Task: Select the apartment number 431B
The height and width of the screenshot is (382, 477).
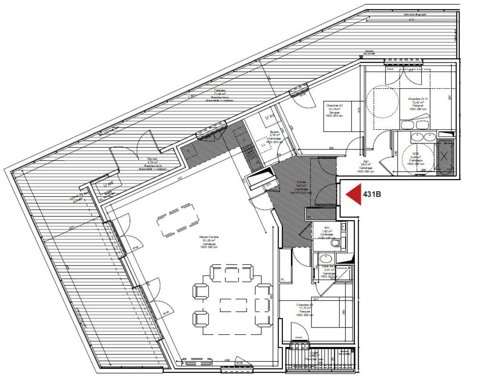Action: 373,195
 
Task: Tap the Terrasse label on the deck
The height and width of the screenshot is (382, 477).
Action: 219,91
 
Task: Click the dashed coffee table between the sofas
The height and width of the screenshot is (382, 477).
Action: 233,304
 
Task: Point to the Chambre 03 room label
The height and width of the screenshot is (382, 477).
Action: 304,305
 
